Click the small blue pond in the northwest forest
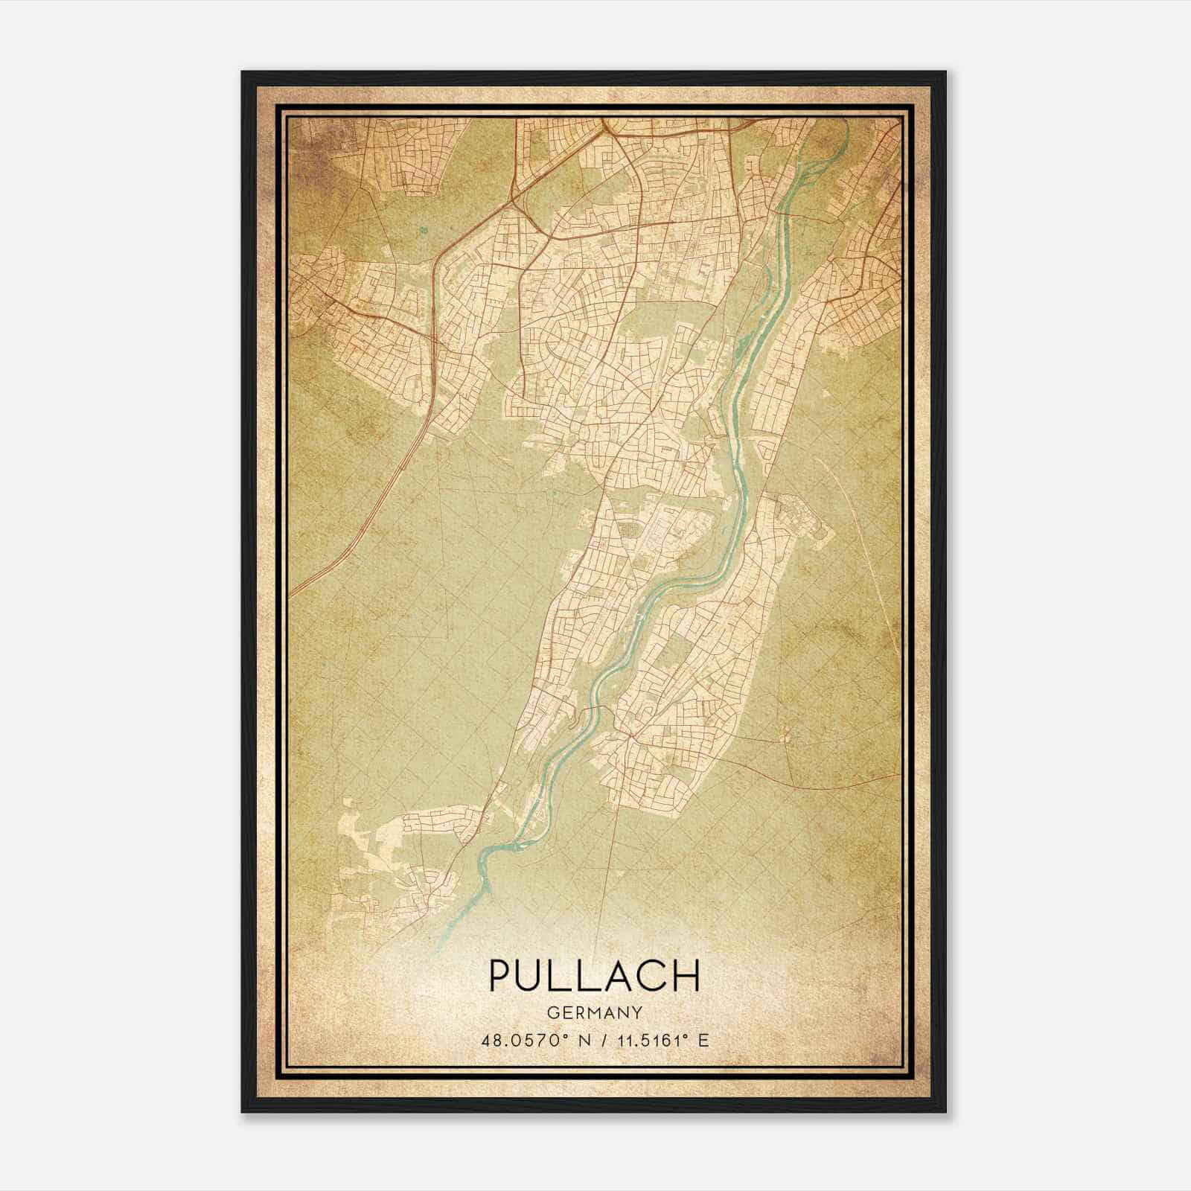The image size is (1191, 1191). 424,231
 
